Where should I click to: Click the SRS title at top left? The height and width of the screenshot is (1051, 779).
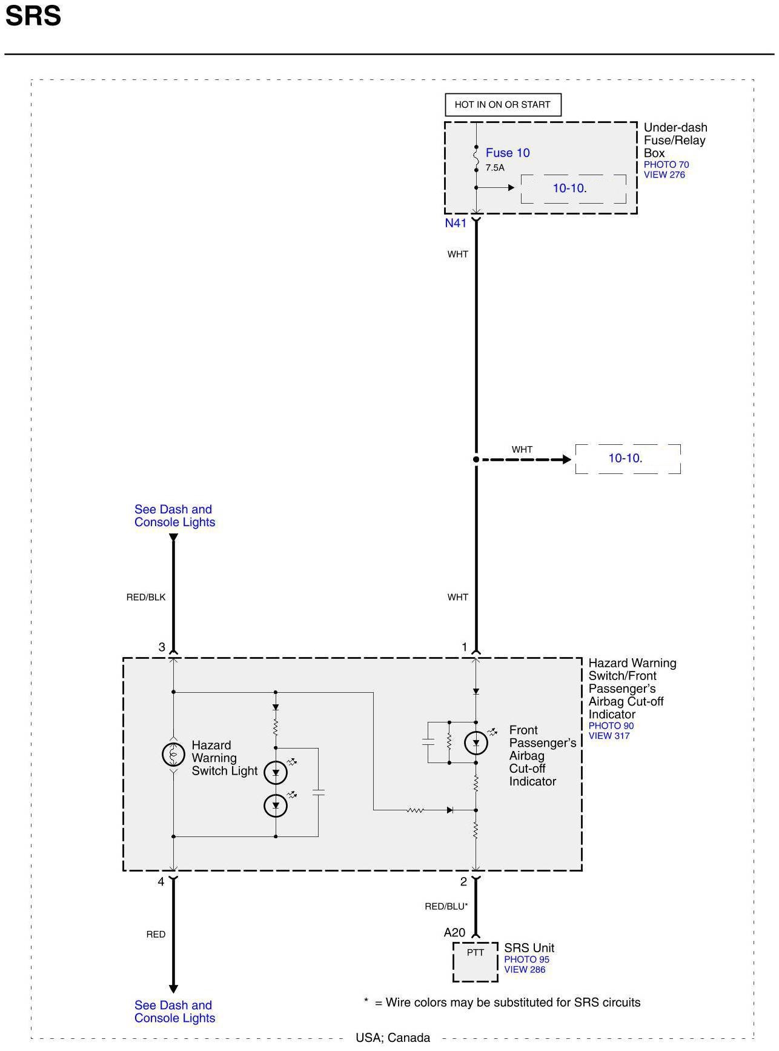pos(33,16)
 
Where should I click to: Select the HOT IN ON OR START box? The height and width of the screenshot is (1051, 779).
pos(502,104)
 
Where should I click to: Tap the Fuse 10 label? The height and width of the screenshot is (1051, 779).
pos(507,153)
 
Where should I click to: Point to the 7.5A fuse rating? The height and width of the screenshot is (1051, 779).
pos(494,168)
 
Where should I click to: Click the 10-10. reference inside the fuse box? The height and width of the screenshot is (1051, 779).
pos(569,189)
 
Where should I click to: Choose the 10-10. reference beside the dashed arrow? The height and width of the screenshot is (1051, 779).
pos(626,458)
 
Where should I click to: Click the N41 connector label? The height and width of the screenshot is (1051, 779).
pos(456,223)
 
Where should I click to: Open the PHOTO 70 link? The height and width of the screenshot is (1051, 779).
pos(666,165)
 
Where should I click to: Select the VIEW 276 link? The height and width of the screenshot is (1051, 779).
pos(664,175)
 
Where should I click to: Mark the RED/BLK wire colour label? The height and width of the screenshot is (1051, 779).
pos(145,597)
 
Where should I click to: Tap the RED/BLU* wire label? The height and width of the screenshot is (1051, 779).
pos(446,906)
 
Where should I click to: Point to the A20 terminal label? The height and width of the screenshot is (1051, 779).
pos(454,933)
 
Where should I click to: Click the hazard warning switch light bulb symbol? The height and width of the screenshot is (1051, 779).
pos(173,755)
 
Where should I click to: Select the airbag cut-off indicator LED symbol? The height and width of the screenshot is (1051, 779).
pos(476,742)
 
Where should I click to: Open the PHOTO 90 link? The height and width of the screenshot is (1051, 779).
pos(611,726)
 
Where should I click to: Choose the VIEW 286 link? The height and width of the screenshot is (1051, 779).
pos(525,970)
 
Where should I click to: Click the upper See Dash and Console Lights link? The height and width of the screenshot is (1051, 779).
pos(174,516)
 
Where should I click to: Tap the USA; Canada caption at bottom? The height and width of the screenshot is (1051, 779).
pos(393,1038)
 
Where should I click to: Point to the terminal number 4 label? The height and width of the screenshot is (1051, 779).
pos(161,882)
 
